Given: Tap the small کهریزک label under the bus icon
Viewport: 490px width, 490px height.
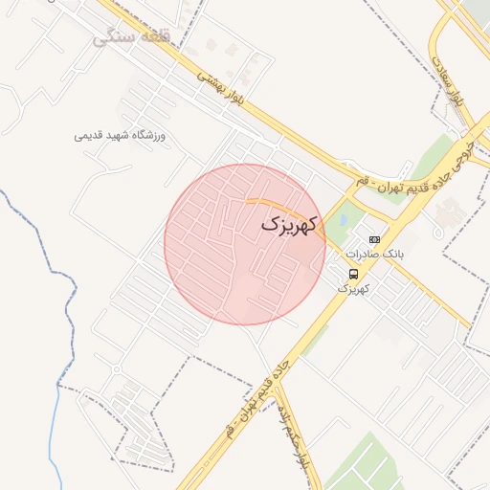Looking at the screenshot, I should tap(353, 287).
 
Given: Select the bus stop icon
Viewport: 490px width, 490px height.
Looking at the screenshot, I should tap(354, 274).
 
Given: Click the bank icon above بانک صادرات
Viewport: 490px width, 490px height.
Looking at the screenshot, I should tap(374, 239).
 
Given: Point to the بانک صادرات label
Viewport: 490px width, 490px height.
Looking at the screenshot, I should tap(375, 255).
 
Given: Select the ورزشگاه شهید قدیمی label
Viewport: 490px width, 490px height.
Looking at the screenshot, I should tap(120, 136).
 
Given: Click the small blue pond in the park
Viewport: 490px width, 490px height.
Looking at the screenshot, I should tap(341, 220).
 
